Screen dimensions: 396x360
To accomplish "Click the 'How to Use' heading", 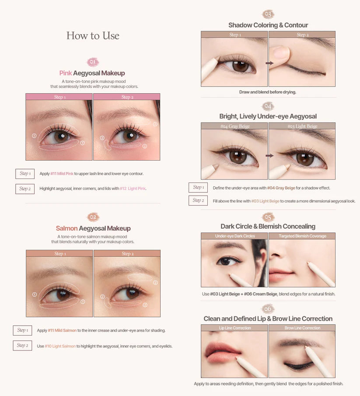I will tap(93, 36).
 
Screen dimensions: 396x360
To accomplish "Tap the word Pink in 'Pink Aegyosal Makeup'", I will tap(66, 73).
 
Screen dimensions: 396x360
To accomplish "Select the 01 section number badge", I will tap(93, 62).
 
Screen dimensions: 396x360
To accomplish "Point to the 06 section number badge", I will tap(268, 309).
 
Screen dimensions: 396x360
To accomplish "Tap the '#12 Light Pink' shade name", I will tap(133, 189).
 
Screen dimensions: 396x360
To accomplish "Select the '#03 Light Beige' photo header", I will tap(302, 126).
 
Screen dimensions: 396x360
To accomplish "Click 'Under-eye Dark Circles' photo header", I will tap(234, 236).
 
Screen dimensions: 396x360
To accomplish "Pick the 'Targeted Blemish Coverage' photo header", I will tap(302, 236).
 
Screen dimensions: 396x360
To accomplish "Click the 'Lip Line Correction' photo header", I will tap(235, 328).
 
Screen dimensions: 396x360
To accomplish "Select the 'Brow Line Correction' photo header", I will tap(302, 328).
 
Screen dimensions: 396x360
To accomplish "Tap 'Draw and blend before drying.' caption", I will tap(268, 92).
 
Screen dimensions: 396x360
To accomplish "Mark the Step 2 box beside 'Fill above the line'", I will tap(198, 200).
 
